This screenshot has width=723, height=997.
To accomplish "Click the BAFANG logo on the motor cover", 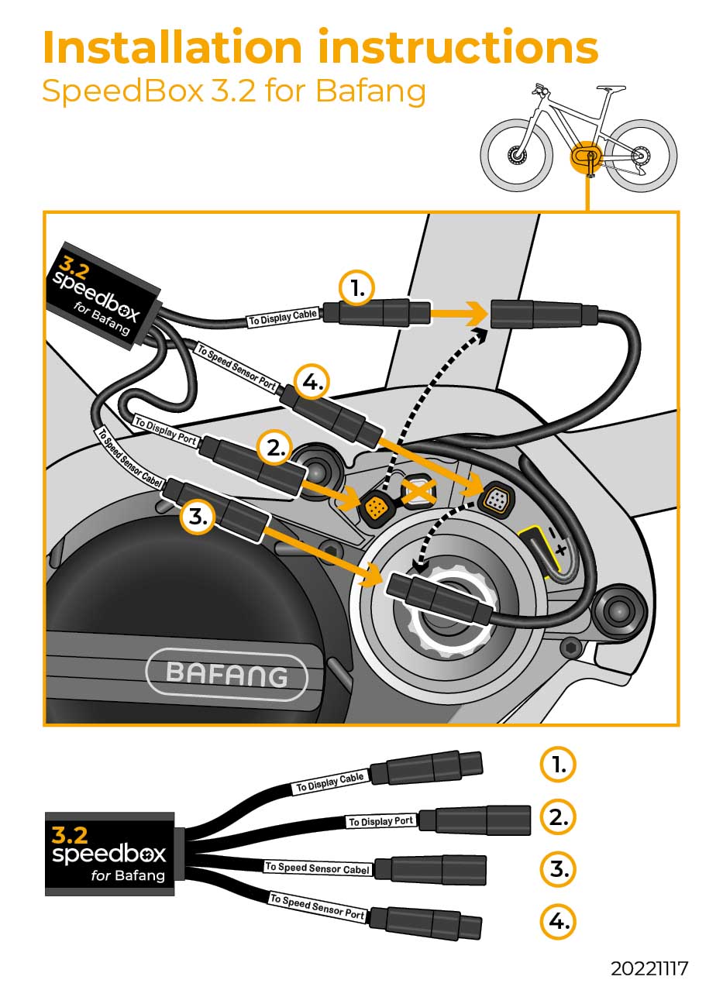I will (226, 675).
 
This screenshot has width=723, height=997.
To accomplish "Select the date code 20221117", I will (649, 968).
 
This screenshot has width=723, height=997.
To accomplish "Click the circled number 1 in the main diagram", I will (357, 289).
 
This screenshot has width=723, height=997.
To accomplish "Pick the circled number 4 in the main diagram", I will (312, 383).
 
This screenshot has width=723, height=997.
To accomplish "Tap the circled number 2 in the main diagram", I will (276, 447).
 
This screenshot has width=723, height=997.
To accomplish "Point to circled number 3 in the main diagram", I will (198, 517).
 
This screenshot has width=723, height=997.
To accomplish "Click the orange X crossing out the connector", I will (418, 490).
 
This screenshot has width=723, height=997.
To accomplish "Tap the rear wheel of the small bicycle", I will (640, 156).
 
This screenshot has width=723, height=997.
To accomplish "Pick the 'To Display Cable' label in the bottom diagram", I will (329, 782).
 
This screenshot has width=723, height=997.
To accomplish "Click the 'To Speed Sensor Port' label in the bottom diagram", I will (317, 906).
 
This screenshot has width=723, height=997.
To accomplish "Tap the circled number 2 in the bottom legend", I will (559, 817).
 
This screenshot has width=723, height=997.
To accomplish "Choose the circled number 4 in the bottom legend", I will (559, 921).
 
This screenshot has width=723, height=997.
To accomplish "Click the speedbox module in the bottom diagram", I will (109, 853).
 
